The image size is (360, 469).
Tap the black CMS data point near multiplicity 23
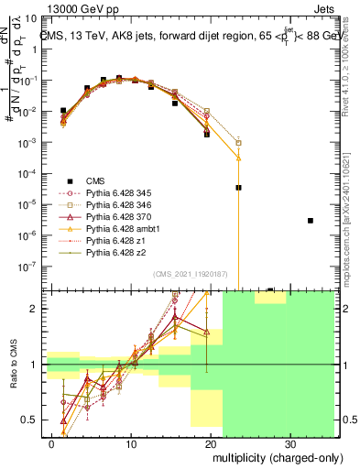click(x=238, y=187)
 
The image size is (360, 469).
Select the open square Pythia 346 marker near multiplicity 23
click(x=238, y=143)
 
